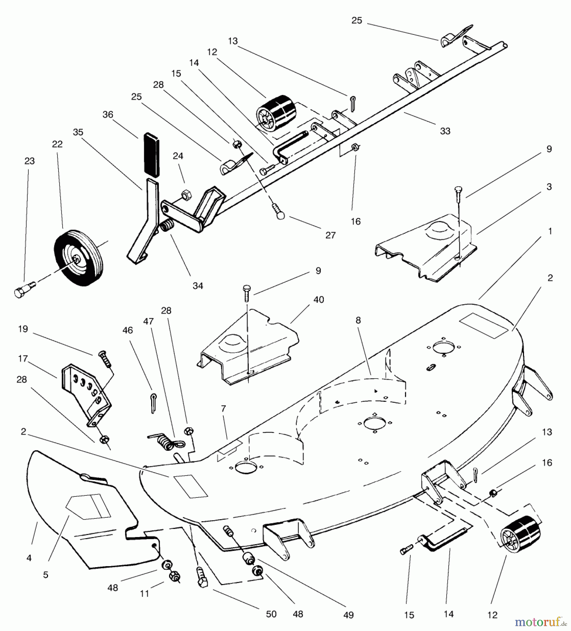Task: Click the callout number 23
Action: coord(29,161)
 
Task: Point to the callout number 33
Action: coord(445,131)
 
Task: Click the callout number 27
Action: coord(330,235)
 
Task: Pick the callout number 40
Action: coord(318,300)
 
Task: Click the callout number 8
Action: coord(358,320)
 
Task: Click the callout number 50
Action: coord(271,614)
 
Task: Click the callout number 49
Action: coord(348,615)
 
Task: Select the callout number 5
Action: coord(46,575)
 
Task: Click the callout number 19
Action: coord(23,329)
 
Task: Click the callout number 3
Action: coord(549,187)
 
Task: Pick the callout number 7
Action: coord(223,408)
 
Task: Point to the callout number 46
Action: coord(128,330)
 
